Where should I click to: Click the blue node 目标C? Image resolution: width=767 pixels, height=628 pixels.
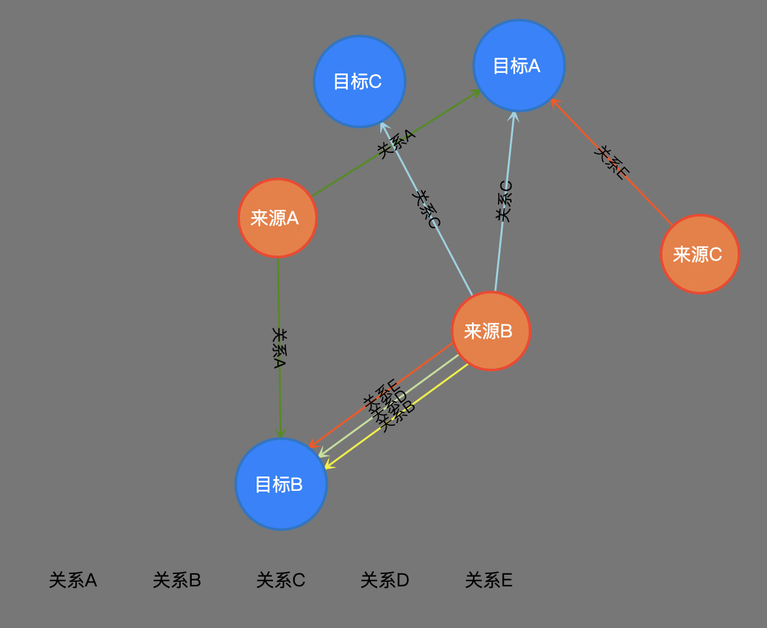coord(359,81)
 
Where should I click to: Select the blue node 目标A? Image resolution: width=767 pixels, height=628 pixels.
coord(519,66)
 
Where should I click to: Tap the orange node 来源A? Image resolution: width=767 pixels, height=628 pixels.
coord(278,218)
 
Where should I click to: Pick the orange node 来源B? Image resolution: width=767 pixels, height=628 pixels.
coord(491,331)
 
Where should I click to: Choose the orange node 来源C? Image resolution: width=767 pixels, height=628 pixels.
coord(699,254)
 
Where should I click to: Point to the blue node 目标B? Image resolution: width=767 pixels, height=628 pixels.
coord(281,484)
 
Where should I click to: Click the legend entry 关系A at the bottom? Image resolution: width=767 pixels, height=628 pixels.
coord(73,580)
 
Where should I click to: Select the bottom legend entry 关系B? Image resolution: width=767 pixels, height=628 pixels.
coord(177,580)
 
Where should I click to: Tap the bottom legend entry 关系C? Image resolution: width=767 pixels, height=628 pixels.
coord(281,580)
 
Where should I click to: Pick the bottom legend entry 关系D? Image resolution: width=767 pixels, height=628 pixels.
coord(385,580)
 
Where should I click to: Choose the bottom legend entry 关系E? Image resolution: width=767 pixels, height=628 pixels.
coord(489,580)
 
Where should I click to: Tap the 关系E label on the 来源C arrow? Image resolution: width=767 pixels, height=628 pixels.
coord(612,162)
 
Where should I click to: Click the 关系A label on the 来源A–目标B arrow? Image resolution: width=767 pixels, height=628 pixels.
coord(279,348)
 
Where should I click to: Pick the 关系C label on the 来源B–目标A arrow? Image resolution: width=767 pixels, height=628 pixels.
coord(504,201)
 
